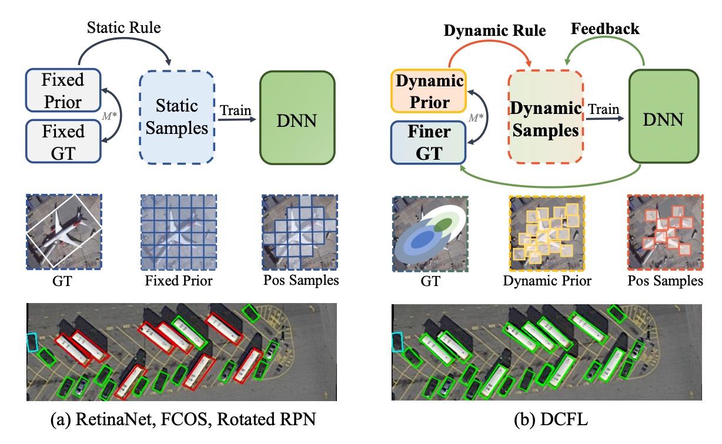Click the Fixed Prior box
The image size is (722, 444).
pyautogui.click(x=63, y=90)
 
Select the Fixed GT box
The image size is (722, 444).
pyautogui.click(x=63, y=142)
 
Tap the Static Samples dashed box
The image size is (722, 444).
pyautogui.click(x=177, y=117)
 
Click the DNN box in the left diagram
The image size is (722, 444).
pyautogui.click(x=297, y=117)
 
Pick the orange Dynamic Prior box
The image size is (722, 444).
pyautogui.click(x=429, y=91)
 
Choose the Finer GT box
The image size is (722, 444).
pyautogui.click(x=429, y=142)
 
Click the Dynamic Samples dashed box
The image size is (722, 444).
pyautogui.click(x=546, y=116)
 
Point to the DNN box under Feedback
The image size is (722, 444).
pyautogui.click(x=664, y=116)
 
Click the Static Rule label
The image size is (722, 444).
pyautogui.click(x=124, y=28)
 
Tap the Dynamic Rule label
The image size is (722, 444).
pyautogui.click(x=495, y=31)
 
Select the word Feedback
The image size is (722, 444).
pyautogui.click(x=605, y=29)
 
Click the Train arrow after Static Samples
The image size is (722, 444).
pyautogui.click(x=237, y=120)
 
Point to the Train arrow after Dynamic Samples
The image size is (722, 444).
pyautogui.click(x=605, y=119)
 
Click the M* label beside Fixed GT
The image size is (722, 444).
pyautogui.click(x=109, y=116)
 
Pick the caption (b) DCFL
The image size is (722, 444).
pyautogui.click(x=551, y=419)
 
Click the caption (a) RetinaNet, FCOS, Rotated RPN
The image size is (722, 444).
pyautogui.click(x=183, y=419)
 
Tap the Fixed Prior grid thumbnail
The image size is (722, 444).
pyautogui.click(x=179, y=232)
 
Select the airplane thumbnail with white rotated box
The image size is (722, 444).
pyautogui.click(x=64, y=231)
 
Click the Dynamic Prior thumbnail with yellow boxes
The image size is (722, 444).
pyautogui.click(x=547, y=233)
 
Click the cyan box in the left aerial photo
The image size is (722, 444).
pyautogui.click(x=32, y=342)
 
